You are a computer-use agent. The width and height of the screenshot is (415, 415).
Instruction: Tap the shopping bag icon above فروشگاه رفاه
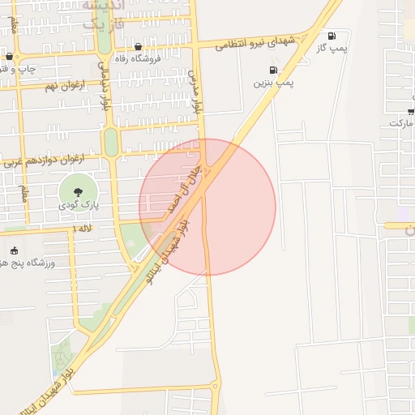139,46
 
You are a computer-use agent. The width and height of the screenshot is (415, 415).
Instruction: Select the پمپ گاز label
332,48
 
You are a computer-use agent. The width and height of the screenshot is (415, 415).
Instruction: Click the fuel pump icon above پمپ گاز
332,36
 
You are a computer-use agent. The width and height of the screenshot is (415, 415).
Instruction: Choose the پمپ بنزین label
274,82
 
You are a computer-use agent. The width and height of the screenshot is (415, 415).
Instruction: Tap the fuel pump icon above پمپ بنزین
273,70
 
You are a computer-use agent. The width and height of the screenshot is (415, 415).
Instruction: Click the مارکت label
401,123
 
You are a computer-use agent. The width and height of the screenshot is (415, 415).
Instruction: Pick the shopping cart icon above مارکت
411,110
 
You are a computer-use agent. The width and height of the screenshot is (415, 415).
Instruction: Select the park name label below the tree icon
78,206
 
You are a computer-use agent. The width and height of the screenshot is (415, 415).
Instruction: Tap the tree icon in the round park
78,192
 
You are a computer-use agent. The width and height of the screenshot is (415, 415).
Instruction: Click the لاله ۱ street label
81,230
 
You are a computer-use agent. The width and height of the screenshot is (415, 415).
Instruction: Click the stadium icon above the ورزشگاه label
13,250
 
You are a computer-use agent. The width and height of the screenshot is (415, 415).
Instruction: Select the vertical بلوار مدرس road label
194,91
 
